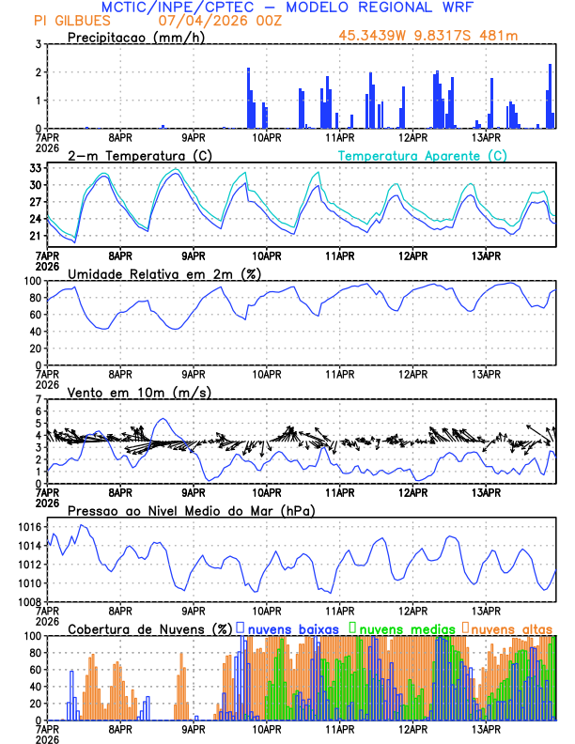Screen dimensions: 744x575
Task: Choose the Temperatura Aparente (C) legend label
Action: [423, 155]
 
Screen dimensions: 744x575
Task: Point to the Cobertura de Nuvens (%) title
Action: [149, 628]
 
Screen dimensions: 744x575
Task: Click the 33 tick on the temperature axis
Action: [37, 167]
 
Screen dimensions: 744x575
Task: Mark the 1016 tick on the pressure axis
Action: [31, 528]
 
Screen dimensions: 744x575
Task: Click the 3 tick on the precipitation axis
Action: [39, 44]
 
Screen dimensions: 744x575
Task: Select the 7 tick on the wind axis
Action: [39, 399]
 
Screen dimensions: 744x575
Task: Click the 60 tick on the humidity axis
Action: [34, 315]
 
